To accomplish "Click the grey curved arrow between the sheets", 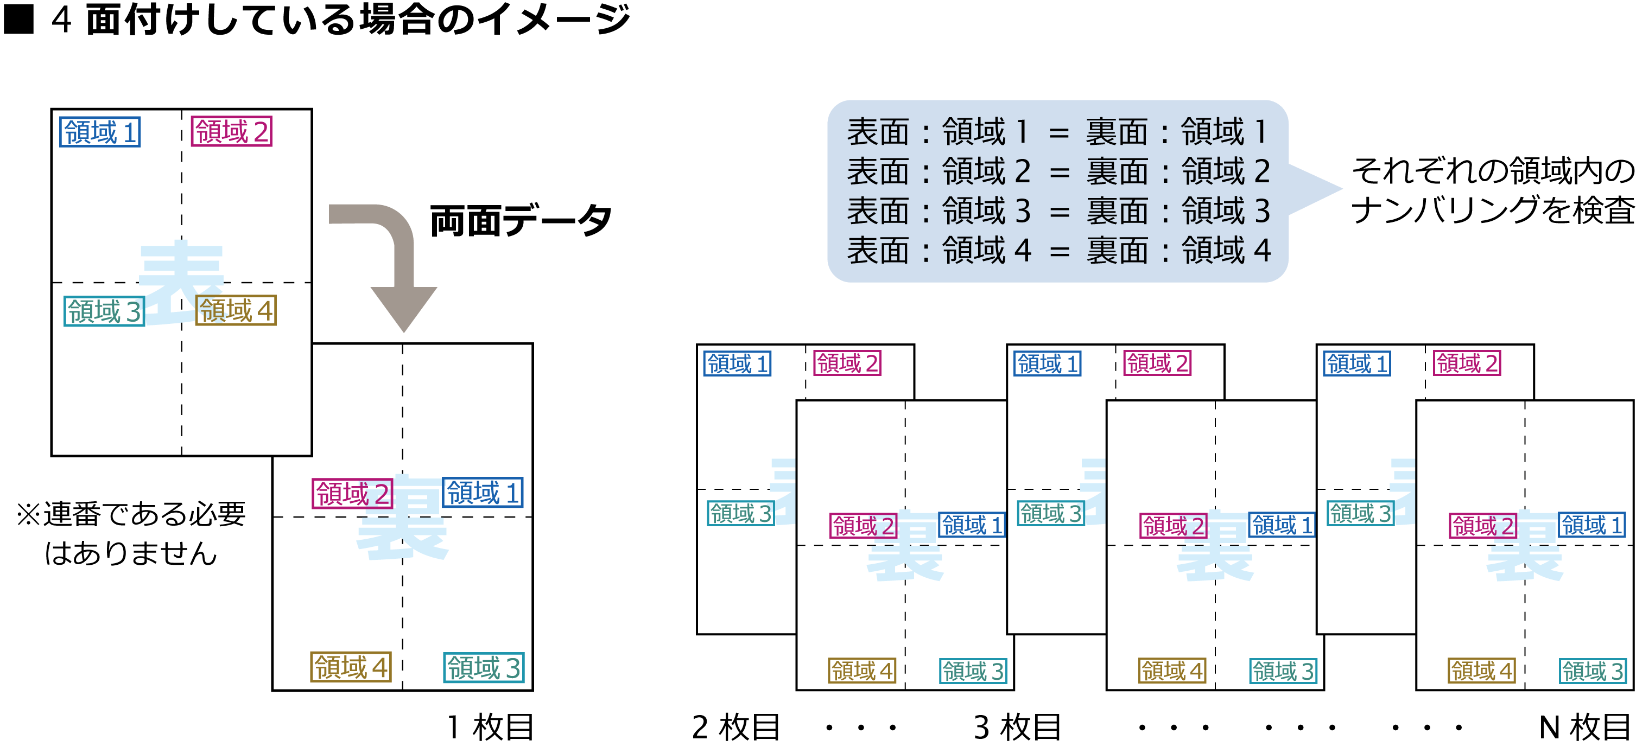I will pyautogui.click(x=394, y=254).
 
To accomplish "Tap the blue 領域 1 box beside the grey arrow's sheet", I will pyautogui.click(x=100, y=132).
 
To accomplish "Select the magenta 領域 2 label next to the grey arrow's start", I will pyautogui.click(x=232, y=131).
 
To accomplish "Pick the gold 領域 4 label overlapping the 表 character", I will pyautogui.click(x=236, y=310).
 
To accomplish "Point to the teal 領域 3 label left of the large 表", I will pyautogui.click(x=104, y=311).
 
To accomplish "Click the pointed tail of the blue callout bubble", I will pyautogui.click(x=1318, y=189).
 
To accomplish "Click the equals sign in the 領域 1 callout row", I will pyautogui.click(x=1058, y=133).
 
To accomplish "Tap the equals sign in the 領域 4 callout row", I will pyautogui.click(x=1058, y=251).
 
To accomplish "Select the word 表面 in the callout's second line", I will pyautogui.click(x=878, y=171).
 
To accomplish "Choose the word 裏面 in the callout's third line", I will pyautogui.click(x=1117, y=212).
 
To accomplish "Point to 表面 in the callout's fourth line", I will pyautogui.click(x=878, y=251).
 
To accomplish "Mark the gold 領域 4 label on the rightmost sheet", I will pyautogui.click(x=1482, y=671).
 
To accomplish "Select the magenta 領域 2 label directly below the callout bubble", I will pyautogui.click(x=1157, y=363).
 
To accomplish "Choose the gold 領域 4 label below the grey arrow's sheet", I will pyautogui.click(x=351, y=667).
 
